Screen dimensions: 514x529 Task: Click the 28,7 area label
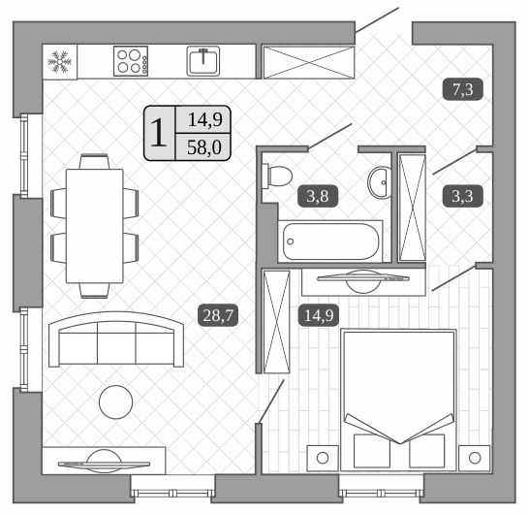[x=219, y=313]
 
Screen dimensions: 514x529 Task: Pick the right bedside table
[x=474, y=455]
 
